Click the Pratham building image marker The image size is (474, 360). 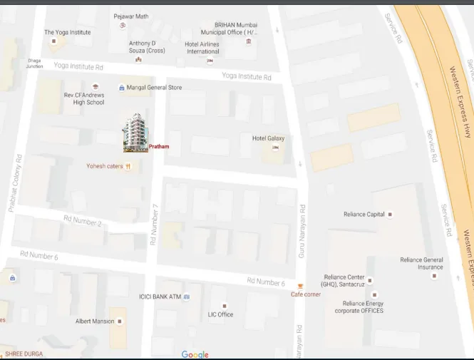pyautogui.click(x=135, y=133)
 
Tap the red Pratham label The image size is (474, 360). pyautogui.click(x=159, y=146)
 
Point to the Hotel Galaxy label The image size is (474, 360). pyautogui.click(x=268, y=138)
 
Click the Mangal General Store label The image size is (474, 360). pyautogui.click(x=155, y=88)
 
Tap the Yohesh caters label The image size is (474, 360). pyautogui.click(x=105, y=166)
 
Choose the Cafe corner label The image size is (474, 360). pyautogui.click(x=305, y=294)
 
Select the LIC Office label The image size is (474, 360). pyautogui.click(x=220, y=314)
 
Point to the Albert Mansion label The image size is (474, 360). pyautogui.click(x=95, y=322)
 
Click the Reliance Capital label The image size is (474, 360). pyautogui.click(x=364, y=214)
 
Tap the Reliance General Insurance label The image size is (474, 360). pyautogui.click(x=421, y=264)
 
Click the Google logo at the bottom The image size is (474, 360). pyautogui.click(x=195, y=354)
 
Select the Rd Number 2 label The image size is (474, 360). pyautogui.click(x=83, y=222)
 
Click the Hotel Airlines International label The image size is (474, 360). pyautogui.click(x=202, y=48)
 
